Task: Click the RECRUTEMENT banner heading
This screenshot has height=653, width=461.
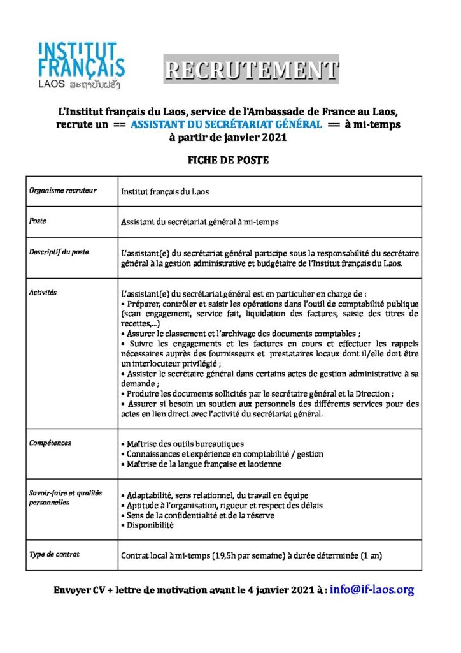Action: [251, 70]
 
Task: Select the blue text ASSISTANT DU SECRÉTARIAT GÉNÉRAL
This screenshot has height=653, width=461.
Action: [226, 125]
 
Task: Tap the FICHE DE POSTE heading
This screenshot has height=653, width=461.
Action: [227, 160]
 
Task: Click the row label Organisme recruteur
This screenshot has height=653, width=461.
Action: [63, 191]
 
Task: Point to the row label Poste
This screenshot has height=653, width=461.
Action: [38, 221]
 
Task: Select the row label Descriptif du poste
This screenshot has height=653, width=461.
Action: [59, 252]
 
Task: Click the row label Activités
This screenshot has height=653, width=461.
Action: [43, 292]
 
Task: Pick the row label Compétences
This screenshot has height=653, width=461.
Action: [50, 443]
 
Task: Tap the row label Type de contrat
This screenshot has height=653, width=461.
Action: [55, 554]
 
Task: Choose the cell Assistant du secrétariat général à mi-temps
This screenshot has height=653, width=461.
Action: [200, 222]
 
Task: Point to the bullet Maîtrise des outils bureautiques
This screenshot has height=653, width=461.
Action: [183, 443]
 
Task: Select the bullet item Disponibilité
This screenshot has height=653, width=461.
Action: [148, 525]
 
